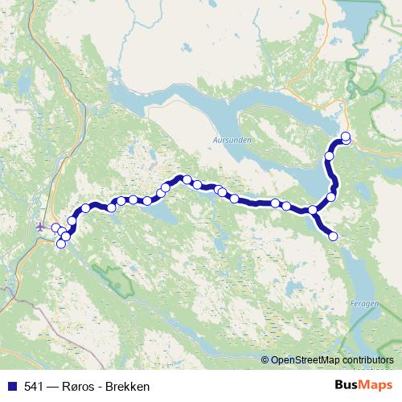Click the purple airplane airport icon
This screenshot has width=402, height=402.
(41, 226)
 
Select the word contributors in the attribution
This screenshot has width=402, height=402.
(367, 361)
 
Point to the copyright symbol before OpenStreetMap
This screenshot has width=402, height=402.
(265, 361)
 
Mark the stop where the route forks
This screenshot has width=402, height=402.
(313, 211)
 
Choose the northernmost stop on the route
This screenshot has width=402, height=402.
(346, 136)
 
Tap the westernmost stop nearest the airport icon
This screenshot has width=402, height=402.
(55, 228)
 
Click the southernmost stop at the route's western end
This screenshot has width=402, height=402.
(60, 244)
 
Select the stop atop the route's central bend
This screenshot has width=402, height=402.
(187, 179)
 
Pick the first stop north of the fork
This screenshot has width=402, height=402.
(331, 197)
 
